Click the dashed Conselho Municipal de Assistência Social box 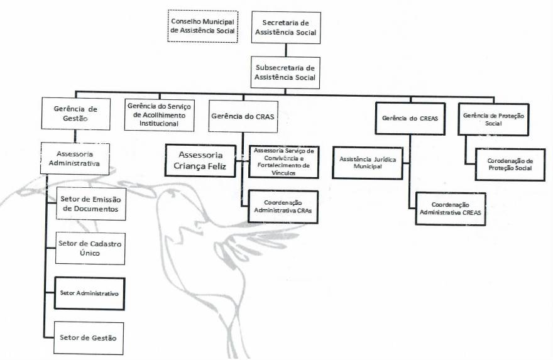203,26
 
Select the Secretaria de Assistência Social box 285,28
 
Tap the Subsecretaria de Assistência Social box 285,72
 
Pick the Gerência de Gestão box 75,113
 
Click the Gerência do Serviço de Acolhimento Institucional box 160,115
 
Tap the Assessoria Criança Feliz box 200,161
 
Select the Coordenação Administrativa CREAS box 450,209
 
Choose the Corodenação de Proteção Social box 509,164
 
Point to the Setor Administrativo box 89,293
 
